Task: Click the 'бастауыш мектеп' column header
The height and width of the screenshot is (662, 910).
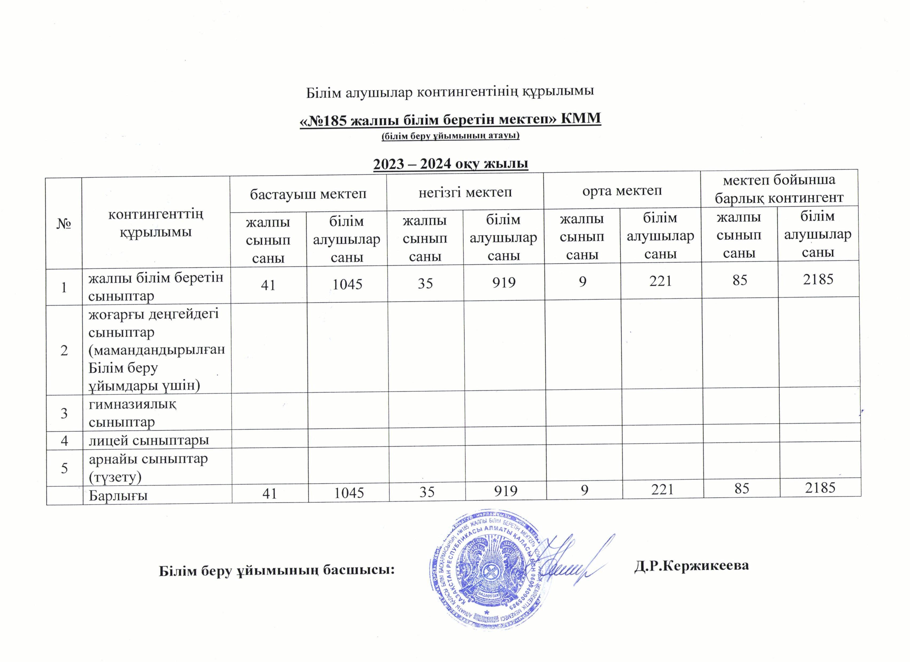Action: click(308, 194)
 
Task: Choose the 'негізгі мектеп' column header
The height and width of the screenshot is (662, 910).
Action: click(465, 192)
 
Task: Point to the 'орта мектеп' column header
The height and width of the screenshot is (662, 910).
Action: click(622, 190)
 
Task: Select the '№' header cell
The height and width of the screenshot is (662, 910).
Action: click(63, 223)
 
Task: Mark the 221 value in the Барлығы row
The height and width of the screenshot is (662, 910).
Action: click(662, 489)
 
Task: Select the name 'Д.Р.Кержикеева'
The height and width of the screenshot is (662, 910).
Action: click(691, 565)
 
